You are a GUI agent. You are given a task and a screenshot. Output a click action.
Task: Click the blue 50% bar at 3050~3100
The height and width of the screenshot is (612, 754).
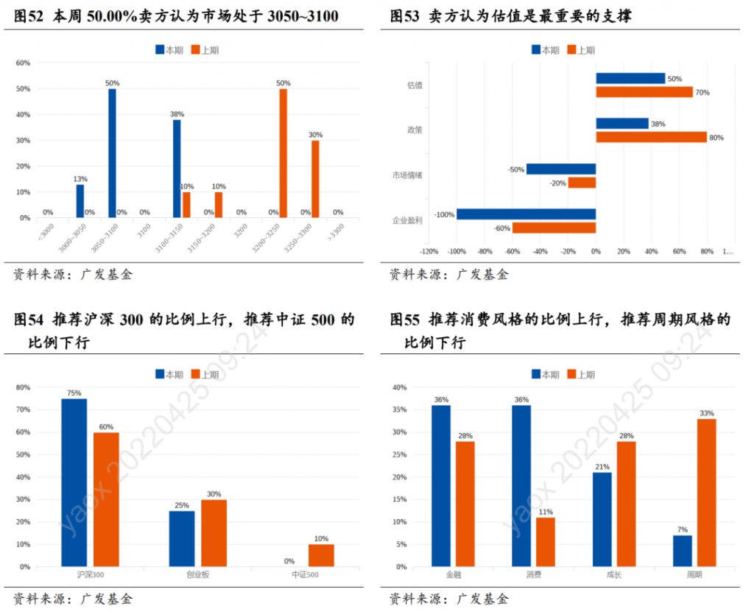[x=112, y=153]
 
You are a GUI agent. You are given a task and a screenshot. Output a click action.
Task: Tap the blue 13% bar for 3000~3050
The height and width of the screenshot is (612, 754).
[x=80, y=201]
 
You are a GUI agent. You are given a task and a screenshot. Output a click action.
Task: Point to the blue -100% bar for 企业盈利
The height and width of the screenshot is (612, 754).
[x=526, y=214]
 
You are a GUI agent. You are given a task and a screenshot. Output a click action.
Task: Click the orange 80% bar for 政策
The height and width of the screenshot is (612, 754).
[x=651, y=137]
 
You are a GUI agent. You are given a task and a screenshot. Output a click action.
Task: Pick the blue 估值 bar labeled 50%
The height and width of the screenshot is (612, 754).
[x=630, y=78]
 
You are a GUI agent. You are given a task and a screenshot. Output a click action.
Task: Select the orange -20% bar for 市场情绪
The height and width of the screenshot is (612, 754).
[x=582, y=183]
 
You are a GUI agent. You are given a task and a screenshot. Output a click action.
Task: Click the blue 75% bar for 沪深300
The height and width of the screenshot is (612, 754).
[x=74, y=482]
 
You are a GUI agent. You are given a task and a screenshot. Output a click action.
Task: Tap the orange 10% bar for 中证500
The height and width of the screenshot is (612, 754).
[x=321, y=555]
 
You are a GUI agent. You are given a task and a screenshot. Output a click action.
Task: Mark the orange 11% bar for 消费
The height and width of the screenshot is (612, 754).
[x=545, y=542]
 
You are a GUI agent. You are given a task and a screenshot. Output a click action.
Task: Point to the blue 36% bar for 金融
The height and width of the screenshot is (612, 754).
[x=441, y=486]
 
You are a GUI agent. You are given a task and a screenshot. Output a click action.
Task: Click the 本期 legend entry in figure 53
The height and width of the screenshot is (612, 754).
[x=545, y=50]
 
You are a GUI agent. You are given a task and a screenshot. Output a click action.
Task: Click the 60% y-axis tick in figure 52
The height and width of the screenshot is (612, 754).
[x=23, y=63]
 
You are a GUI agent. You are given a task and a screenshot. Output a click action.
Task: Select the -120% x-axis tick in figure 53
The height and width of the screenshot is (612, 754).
[x=429, y=252]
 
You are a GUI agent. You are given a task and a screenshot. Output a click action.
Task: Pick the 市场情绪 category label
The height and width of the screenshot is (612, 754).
[x=407, y=175]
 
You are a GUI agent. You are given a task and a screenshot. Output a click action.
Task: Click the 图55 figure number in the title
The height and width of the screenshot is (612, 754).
[x=404, y=320]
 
